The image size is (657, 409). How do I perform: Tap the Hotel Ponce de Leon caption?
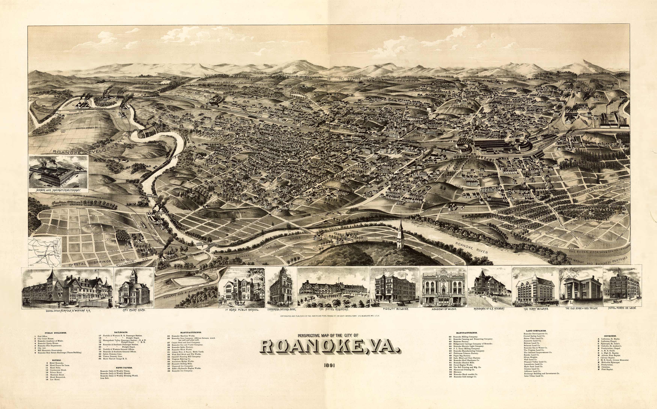coord(622,308)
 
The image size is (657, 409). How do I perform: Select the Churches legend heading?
coord(610,336)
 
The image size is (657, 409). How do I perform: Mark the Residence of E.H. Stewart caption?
coord(489,309)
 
